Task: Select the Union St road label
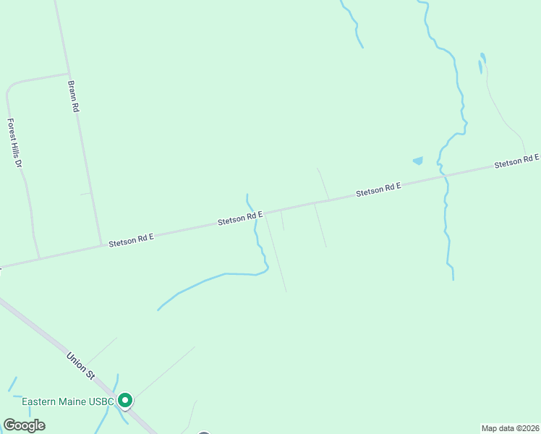(x=80, y=365)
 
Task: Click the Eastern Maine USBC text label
(x=68, y=401)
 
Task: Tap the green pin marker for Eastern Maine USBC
(x=125, y=400)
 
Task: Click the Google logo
(x=24, y=425)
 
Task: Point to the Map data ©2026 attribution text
(x=511, y=428)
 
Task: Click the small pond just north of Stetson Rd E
(x=417, y=161)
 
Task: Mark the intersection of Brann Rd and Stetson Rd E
(x=101, y=244)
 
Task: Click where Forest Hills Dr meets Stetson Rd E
(x=39, y=258)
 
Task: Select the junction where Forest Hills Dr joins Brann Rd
(x=68, y=73)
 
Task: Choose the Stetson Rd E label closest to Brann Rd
(x=131, y=240)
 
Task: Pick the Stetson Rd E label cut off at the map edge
(x=517, y=161)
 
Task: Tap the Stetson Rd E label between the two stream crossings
(x=378, y=190)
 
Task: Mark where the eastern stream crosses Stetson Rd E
(x=443, y=175)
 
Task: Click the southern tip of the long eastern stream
(x=453, y=279)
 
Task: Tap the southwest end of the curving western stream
(x=158, y=310)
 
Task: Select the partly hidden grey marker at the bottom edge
(x=205, y=433)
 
